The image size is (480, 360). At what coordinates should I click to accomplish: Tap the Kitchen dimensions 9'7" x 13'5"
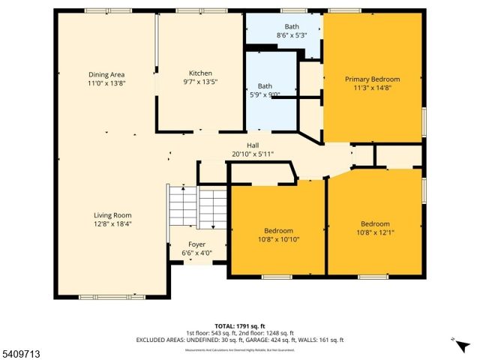coord(200,82)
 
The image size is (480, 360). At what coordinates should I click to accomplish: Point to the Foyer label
coord(196,244)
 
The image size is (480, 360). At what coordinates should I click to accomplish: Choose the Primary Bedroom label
coord(372,79)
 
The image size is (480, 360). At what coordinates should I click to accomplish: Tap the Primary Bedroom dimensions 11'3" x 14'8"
coord(372,88)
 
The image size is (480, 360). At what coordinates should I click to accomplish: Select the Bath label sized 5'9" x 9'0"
coord(265,85)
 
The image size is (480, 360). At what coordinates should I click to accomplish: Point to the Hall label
coord(253,145)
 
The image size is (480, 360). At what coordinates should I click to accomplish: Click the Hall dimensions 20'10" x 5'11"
coord(253,154)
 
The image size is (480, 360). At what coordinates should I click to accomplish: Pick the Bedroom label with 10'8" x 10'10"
coord(278,230)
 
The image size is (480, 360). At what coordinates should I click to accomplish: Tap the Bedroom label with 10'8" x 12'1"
coord(375,223)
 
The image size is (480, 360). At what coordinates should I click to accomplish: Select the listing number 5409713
coord(20,353)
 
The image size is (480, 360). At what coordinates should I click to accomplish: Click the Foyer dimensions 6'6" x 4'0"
coord(196,253)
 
